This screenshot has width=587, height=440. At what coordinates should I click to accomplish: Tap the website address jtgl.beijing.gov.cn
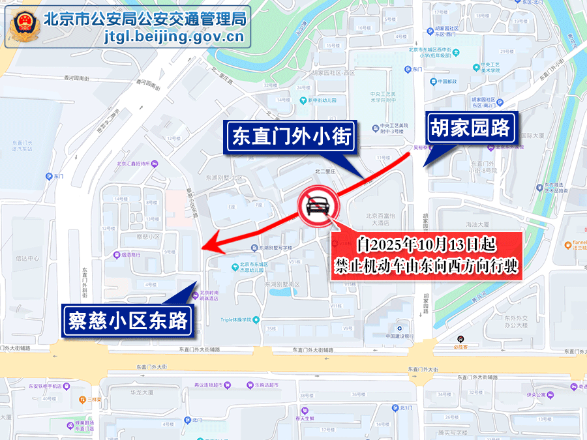(174, 37)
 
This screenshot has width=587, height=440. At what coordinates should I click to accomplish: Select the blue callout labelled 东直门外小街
(292, 138)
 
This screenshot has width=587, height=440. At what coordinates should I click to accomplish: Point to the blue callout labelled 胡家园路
(470, 128)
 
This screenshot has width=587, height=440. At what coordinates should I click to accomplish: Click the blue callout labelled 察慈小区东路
(128, 321)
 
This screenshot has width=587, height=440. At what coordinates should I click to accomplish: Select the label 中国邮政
(448, 81)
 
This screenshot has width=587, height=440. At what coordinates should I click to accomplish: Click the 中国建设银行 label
(400, 336)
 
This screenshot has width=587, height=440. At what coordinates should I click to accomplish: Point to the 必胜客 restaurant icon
(461, 338)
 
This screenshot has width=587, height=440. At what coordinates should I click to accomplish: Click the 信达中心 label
(27, 258)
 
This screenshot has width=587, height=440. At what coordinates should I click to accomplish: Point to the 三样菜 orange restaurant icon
(82, 399)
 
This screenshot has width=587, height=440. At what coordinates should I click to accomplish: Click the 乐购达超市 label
(265, 385)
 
